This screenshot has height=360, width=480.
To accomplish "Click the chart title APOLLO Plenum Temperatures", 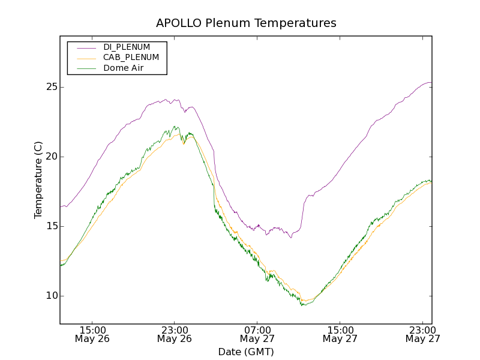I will click(x=246, y=23).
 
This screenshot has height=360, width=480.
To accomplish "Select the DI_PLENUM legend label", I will click(x=127, y=47).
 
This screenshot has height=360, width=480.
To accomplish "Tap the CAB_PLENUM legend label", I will click(x=131, y=58).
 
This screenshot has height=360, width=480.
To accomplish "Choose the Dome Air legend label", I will click(x=123, y=68).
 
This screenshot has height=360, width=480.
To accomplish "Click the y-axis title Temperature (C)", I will click(x=38, y=180).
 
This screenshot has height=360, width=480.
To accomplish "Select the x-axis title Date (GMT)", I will click(x=246, y=352).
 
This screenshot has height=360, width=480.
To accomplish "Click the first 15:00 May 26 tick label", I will click(x=92, y=334).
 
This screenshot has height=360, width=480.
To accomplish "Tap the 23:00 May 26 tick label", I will click(x=175, y=334).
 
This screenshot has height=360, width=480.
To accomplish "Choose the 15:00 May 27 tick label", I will click(x=340, y=334).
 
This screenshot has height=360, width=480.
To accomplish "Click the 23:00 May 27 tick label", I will click(x=422, y=334).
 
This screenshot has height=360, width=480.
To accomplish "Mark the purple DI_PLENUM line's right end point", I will click(x=431, y=82).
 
